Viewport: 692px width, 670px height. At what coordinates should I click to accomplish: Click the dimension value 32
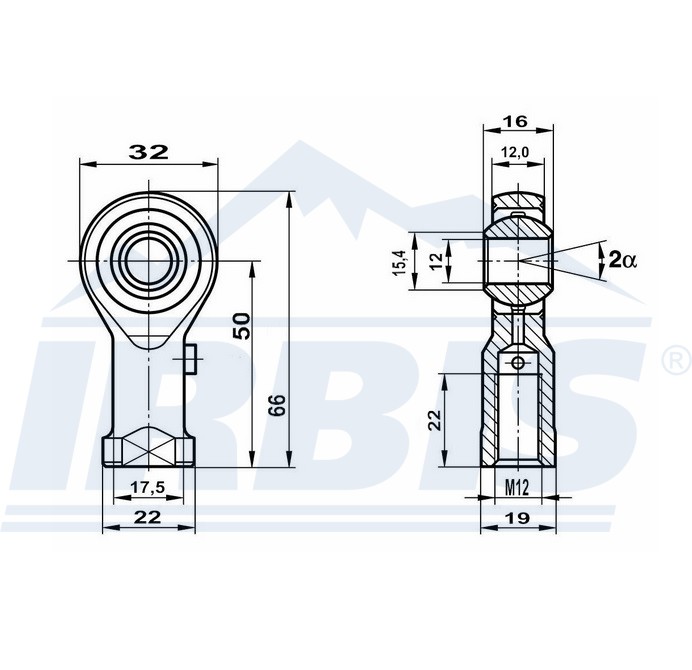[148, 152]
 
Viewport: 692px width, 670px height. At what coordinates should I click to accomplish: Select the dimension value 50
[241, 326]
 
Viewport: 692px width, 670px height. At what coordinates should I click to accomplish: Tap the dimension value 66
[278, 405]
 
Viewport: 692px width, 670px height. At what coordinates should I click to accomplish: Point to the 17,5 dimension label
[148, 487]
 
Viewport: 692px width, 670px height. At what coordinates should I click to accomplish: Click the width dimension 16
[515, 121]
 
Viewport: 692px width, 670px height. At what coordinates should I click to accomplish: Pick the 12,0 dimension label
[515, 152]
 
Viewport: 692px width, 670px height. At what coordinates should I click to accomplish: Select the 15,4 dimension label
[399, 262]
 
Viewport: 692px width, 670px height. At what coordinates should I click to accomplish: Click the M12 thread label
[516, 488]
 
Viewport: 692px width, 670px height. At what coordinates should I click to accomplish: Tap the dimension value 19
[518, 518]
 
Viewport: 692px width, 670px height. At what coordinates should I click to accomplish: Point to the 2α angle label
[622, 259]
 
